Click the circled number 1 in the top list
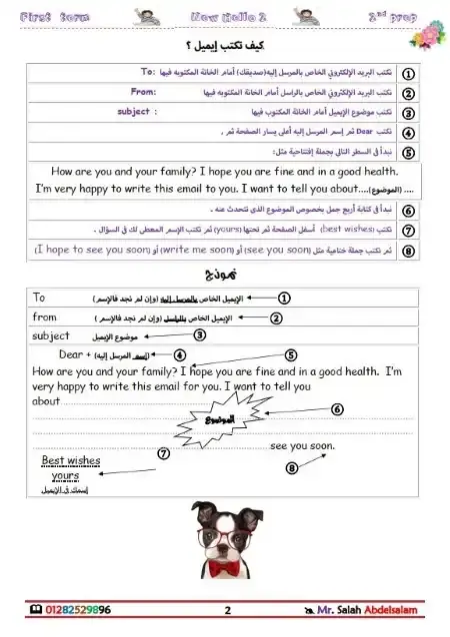(x=408, y=74)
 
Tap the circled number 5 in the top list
(x=408, y=152)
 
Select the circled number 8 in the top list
(x=408, y=250)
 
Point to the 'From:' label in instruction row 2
(x=145, y=92)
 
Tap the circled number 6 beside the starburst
(x=336, y=408)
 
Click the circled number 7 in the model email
(x=163, y=452)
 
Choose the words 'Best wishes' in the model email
(x=70, y=461)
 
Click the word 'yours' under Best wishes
(x=65, y=476)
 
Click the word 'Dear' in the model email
(x=71, y=355)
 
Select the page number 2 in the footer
(x=227, y=610)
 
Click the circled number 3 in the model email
(x=200, y=334)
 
